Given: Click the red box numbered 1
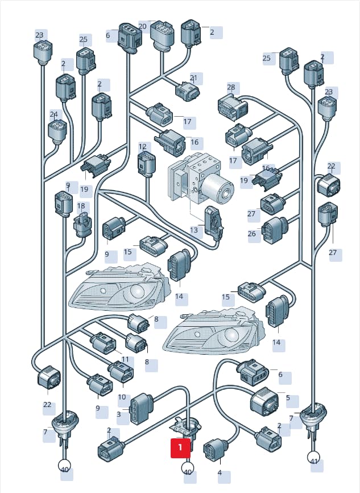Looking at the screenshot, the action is coord(180,447).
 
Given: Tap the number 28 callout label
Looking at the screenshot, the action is coord(231,87).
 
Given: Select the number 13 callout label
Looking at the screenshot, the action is coord(194,230).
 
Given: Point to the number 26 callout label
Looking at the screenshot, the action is coord(252,233).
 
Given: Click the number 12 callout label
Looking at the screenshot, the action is coord(143,146).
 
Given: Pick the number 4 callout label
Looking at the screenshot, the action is coord(220,473).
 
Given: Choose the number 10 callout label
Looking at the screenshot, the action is coord(122,397).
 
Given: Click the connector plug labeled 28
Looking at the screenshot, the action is coord(233,108).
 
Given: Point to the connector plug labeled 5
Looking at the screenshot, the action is coord(264,401).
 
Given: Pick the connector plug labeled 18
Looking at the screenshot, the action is coord(82,225).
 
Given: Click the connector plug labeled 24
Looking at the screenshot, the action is coord(57,132).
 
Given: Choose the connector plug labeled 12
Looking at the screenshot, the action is coord(146,163).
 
